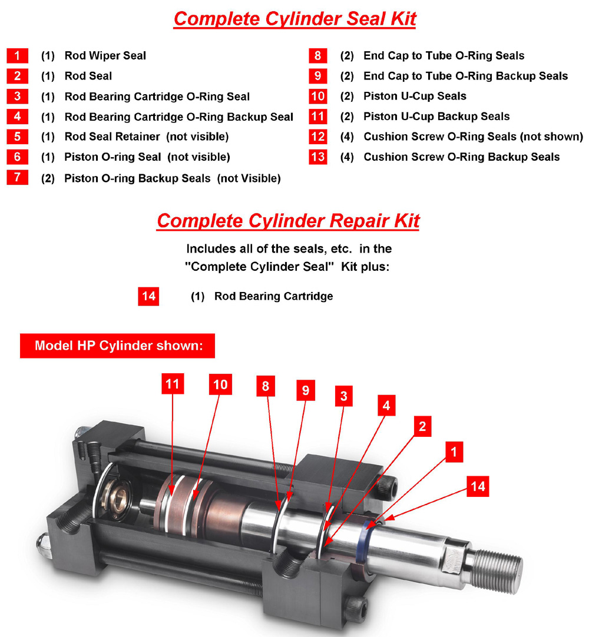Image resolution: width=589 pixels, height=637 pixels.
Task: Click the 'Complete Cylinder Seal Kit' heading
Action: (294, 18)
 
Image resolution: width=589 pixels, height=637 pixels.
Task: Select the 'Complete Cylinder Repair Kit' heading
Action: (288, 221)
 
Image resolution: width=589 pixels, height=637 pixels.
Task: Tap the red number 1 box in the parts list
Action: (17, 56)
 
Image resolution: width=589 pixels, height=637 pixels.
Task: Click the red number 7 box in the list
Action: (17, 178)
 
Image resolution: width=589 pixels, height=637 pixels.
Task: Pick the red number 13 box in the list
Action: (317, 157)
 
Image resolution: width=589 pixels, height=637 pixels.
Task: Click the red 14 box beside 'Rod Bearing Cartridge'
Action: (148, 296)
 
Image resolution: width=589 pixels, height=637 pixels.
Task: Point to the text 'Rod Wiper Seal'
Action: (105, 56)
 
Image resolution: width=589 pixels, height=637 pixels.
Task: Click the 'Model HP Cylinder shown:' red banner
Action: (118, 346)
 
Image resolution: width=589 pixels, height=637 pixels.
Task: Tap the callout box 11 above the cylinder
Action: (172, 384)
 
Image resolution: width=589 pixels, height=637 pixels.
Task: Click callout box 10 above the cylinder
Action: (220, 384)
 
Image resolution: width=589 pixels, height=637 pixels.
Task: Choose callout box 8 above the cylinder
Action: (266, 386)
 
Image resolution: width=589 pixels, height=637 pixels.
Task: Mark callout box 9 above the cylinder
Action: (305, 390)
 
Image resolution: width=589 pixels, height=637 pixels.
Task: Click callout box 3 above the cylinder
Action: (343, 396)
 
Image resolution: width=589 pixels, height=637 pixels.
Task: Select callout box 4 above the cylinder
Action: (385, 406)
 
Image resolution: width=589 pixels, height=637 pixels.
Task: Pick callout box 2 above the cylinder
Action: (422, 427)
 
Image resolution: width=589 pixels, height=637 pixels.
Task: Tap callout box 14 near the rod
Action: (478, 486)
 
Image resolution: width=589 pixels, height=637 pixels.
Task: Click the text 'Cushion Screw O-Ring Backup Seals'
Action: (461, 157)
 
